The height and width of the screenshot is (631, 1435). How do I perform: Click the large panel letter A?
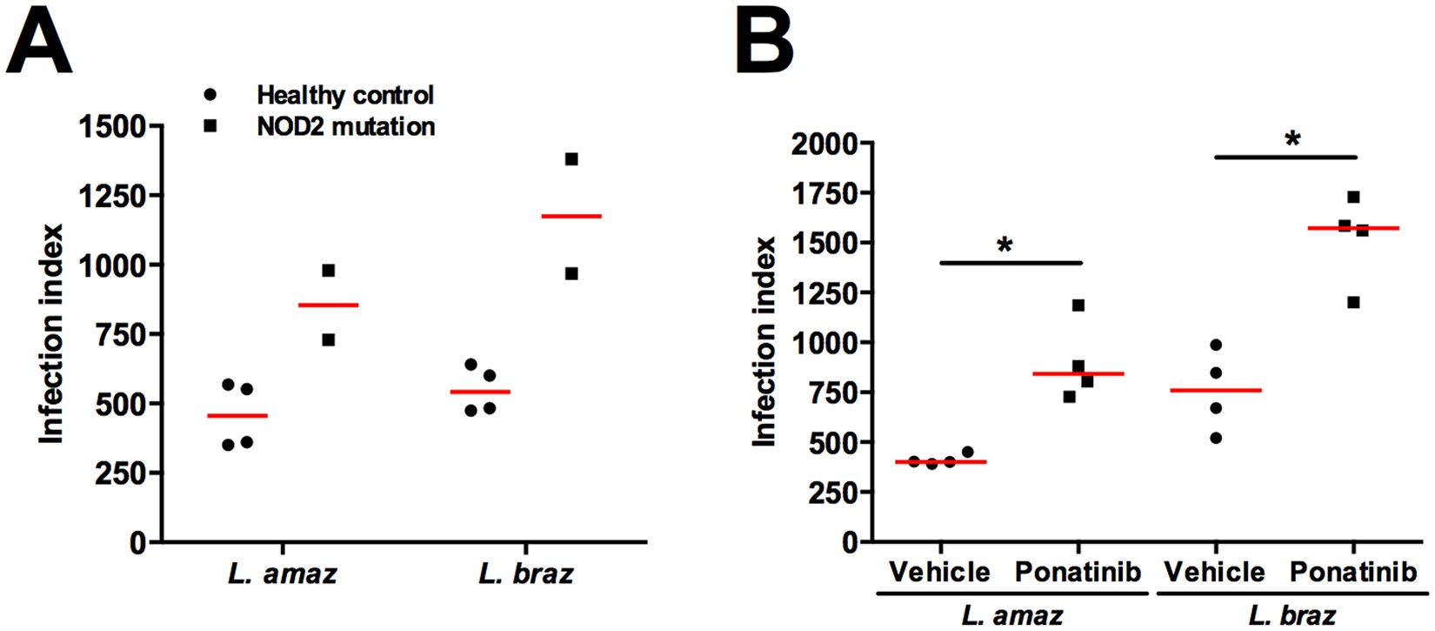(x=39, y=44)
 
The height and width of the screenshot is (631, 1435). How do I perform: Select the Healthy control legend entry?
(x=344, y=95)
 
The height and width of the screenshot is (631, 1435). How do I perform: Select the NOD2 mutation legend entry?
(x=345, y=126)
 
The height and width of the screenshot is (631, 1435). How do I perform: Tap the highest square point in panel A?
(x=571, y=159)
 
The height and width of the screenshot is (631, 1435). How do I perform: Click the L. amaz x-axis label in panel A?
(x=282, y=574)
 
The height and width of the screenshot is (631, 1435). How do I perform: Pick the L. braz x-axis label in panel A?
(x=525, y=574)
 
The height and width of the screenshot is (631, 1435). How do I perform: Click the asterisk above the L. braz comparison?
(x=1292, y=140)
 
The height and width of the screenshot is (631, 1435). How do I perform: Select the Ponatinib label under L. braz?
(x=1352, y=572)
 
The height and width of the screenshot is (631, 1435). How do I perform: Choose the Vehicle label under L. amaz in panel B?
(x=939, y=572)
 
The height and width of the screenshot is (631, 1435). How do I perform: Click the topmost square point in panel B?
(x=1353, y=198)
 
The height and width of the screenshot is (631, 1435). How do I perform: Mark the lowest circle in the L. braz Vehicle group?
(x=1216, y=438)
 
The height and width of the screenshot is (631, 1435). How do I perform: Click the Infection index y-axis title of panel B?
(x=764, y=341)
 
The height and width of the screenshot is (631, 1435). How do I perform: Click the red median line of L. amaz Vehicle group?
(x=940, y=462)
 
